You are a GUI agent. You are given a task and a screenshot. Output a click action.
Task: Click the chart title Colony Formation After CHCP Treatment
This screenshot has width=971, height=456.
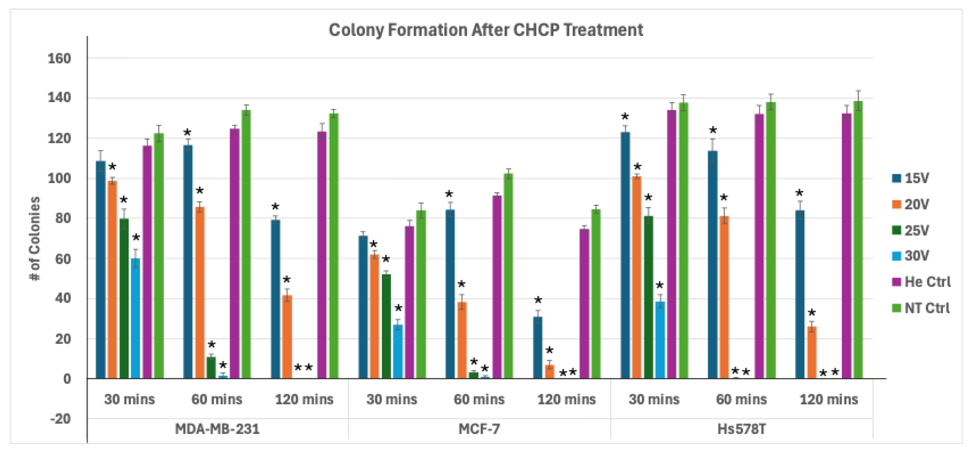485,30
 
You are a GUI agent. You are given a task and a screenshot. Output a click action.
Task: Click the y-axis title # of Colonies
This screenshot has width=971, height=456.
35,238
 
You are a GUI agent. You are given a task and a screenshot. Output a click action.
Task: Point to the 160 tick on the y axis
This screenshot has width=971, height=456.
59,59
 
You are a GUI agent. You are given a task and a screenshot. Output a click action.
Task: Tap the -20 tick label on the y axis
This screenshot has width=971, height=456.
60,419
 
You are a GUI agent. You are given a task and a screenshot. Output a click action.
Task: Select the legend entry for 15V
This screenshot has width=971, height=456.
910,178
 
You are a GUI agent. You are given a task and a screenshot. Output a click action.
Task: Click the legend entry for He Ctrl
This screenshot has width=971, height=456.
921,282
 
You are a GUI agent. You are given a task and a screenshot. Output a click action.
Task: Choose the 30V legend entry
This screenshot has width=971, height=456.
910,256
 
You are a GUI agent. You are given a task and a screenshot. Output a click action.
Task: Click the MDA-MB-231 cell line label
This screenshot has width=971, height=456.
217,429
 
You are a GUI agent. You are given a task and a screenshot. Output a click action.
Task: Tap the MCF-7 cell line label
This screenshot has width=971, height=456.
479,429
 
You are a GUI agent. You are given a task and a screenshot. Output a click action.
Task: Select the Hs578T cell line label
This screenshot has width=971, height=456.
741,429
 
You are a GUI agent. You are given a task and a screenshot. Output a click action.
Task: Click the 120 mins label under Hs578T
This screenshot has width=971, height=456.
829,399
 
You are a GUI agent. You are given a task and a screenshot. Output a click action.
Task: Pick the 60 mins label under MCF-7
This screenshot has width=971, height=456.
479,399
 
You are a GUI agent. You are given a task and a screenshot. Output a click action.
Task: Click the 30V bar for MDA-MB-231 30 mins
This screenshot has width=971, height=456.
135,319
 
